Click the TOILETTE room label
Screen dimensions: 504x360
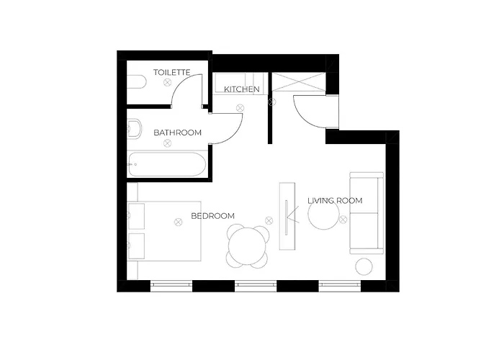click(171, 72)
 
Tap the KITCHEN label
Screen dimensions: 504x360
click(242, 89)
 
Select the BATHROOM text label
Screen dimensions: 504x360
click(177, 132)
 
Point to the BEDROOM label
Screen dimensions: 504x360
click(213, 216)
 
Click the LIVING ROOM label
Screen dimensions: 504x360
click(335, 201)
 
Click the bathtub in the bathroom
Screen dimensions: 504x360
click(167, 164)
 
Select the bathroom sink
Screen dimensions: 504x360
click(135, 128)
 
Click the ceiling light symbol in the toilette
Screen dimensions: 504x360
click(167, 83)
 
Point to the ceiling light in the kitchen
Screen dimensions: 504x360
click(240, 108)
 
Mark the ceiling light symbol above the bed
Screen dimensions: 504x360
click(178, 222)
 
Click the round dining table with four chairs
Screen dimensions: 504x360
click(248, 246)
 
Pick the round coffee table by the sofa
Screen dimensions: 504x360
click(323, 214)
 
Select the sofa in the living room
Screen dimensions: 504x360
click(366, 213)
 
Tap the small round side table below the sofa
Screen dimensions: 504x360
click(364, 266)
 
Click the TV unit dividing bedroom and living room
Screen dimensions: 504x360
click(287, 216)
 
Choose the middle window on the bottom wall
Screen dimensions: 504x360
click(256, 286)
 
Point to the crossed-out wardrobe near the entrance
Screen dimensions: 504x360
click(299, 82)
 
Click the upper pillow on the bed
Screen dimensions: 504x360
click(136, 216)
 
